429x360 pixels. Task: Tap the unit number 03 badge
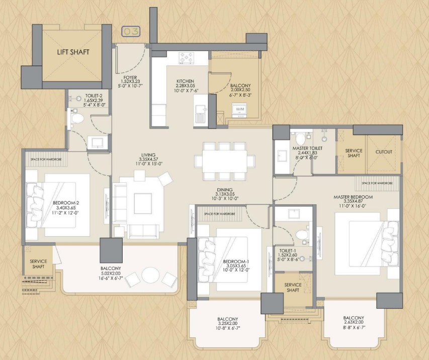tap(131, 32)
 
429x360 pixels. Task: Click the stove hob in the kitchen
tap(188, 59)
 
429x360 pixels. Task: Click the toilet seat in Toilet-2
tap(77, 119)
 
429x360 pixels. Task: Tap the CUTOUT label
tap(384, 152)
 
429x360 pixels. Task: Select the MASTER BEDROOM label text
tap(353, 196)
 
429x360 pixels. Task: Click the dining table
tap(224, 161)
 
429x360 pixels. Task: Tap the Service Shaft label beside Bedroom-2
tap(38, 264)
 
